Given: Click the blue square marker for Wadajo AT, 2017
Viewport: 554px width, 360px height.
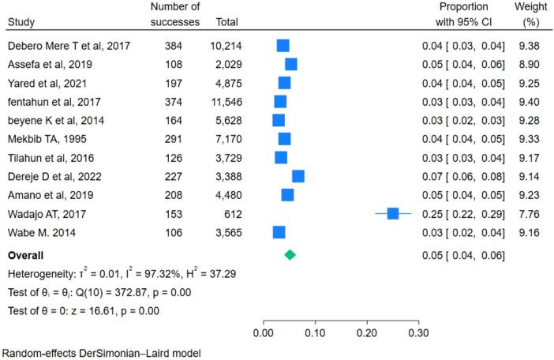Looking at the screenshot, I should [x=393, y=213].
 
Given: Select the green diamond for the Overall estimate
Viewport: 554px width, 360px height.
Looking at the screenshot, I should [x=290, y=255].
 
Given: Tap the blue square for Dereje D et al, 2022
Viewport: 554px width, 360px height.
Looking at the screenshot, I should [x=298, y=175].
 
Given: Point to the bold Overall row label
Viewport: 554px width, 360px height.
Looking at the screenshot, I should [x=25, y=255].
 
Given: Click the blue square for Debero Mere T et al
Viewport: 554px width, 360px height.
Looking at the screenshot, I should [x=283, y=46].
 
